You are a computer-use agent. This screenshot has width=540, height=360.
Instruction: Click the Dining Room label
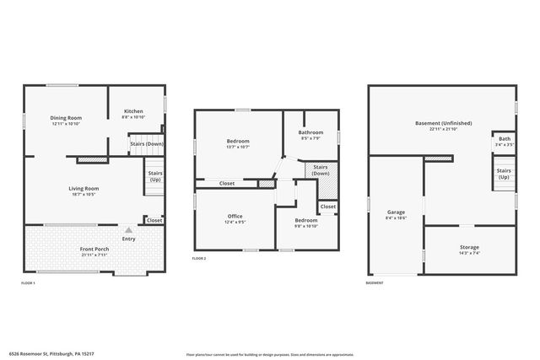[x=65, y=118]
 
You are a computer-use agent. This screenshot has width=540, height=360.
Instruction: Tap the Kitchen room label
[x=134, y=111]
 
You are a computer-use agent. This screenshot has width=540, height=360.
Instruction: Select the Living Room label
[x=84, y=188]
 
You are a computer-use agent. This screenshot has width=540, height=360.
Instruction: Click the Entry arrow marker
[x=128, y=229]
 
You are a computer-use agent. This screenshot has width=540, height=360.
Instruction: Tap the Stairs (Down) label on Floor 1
[x=146, y=143]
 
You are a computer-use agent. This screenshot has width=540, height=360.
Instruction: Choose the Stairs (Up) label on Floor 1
[x=155, y=177]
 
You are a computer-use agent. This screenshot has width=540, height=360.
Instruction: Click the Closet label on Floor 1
[x=154, y=220]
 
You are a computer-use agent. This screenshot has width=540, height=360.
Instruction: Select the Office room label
[x=235, y=217]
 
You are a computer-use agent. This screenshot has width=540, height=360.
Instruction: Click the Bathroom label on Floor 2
[x=310, y=132]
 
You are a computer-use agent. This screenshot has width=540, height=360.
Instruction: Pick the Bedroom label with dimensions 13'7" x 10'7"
[x=238, y=141]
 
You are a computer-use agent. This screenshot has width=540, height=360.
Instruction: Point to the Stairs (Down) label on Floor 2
[x=321, y=169]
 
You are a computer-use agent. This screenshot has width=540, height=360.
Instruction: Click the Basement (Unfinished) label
[x=443, y=123]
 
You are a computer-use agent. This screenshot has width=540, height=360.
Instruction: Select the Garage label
[x=396, y=212]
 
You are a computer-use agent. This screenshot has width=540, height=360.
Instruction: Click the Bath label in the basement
[x=504, y=139]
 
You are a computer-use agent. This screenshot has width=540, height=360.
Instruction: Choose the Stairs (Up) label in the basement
[x=504, y=174]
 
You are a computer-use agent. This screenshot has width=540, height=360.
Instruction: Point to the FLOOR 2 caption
[x=199, y=258]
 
